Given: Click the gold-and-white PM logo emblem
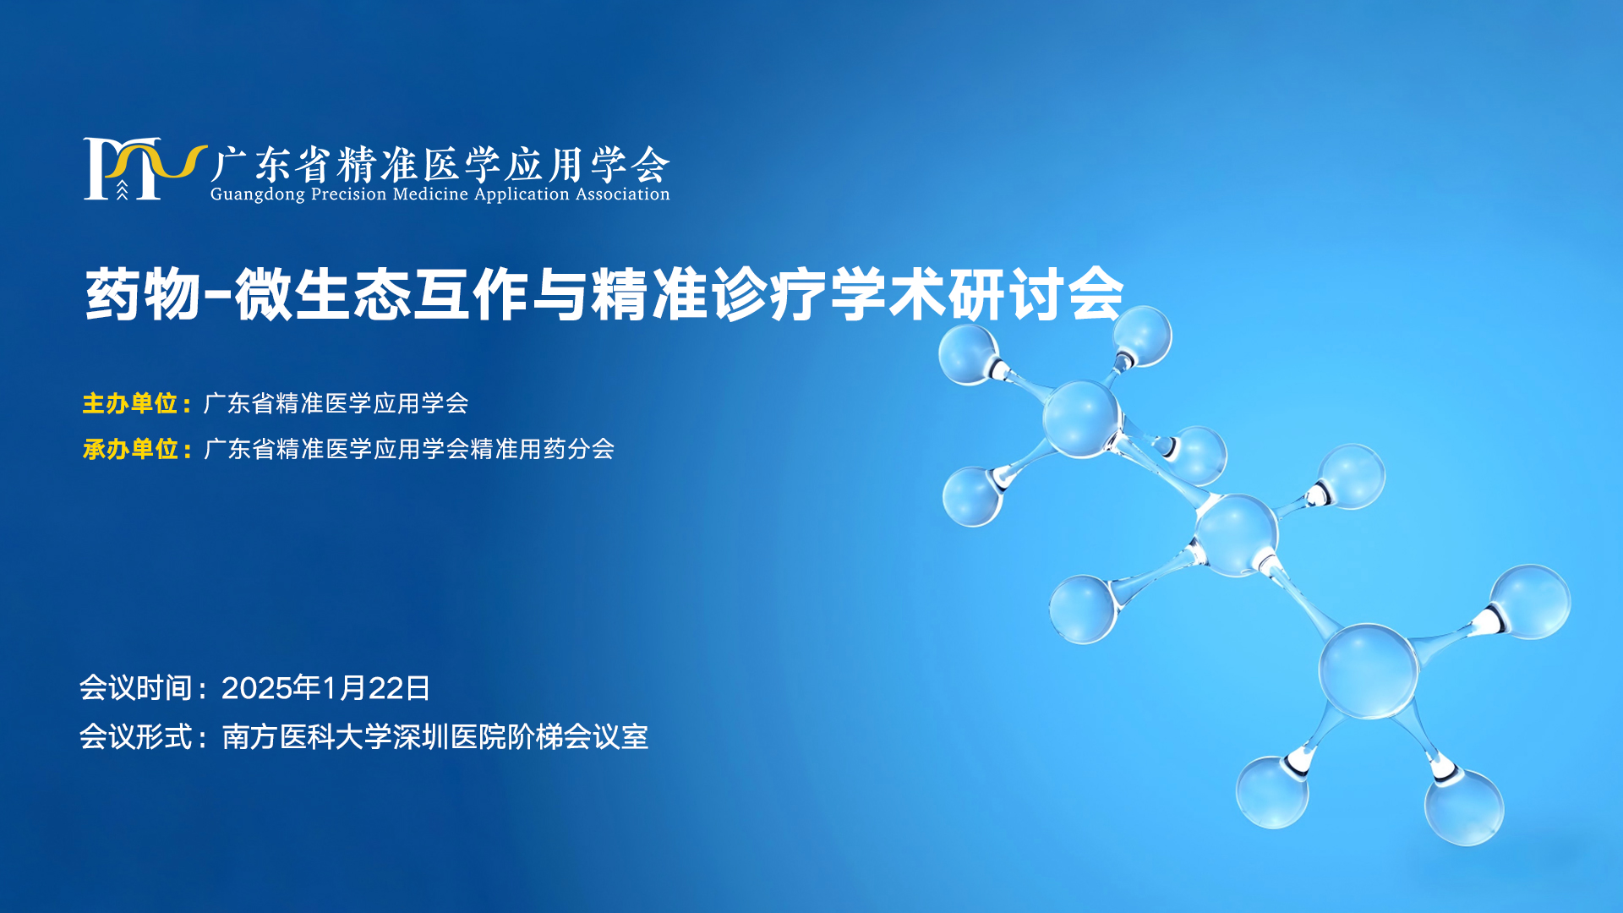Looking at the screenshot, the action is [145, 169].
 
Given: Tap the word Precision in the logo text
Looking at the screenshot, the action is [348, 194].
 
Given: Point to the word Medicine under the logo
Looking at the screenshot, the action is [430, 194].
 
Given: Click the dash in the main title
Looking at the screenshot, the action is [217, 296].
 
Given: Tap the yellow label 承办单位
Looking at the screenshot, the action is [130, 449].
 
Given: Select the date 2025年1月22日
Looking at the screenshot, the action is [325, 688].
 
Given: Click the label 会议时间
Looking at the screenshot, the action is [135, 688].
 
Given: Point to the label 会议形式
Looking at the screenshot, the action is [135, 736].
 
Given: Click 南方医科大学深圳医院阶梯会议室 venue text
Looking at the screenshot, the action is [434, 736].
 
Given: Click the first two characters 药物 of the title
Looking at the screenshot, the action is [143, 294].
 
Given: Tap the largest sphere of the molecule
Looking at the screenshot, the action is [1368, 671].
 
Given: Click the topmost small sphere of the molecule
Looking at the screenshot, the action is [1142, 336].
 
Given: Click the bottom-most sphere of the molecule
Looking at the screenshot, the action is [1464, 806].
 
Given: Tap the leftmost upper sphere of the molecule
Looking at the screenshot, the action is [969, 354].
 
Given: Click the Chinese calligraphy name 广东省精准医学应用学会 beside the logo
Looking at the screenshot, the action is [440, 164].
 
